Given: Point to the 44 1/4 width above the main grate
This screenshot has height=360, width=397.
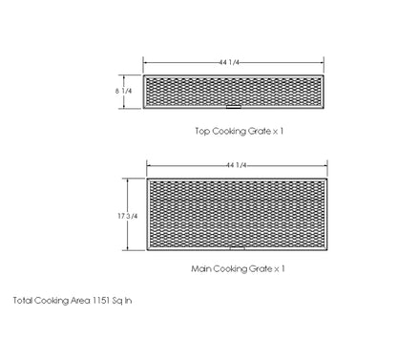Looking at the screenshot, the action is [x=237, y=165].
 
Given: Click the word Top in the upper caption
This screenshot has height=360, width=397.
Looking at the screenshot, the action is [x=201, y=132].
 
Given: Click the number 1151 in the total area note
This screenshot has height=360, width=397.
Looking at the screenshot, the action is [x=105, y=300].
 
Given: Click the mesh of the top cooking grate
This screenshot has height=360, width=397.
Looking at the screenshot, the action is [x=191, y=92].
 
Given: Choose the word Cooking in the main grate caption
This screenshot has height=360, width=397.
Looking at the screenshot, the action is [x=232, y=269].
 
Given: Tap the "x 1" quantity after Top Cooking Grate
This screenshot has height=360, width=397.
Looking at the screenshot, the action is [x=279, y=132].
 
